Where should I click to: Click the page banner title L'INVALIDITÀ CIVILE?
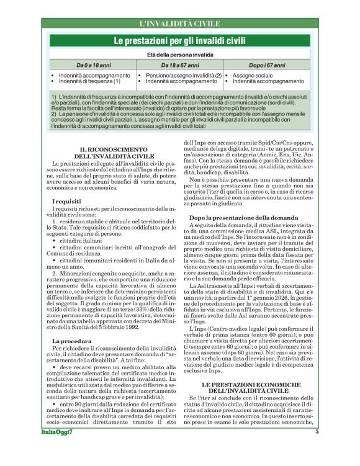click(x=180, y=24)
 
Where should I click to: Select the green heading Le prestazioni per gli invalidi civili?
click(x=179, y=41)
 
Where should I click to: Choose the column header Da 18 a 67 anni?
click(x=180, y=65)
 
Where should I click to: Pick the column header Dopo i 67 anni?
click(x=267, y=65)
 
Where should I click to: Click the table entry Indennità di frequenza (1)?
click(x=89, y=81)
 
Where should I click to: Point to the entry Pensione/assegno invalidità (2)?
click(x=184, y=75)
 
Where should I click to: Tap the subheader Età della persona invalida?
click(x=180, y=55)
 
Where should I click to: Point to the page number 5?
click(x=316, y=449)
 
